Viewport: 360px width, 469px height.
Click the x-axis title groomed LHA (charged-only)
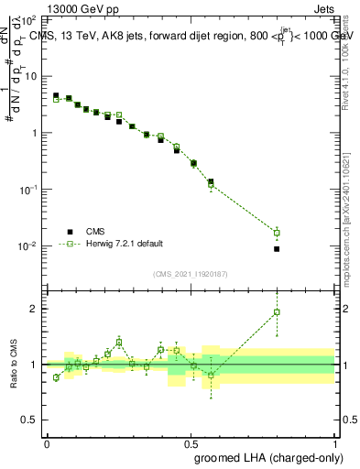[276, 456]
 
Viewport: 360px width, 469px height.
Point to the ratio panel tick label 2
[35, 309]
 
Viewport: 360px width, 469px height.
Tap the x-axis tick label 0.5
[191, 443]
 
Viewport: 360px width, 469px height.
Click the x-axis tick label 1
[334, 443]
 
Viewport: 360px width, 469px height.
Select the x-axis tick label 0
[47, 443]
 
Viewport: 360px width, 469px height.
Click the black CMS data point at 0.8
[277, 249]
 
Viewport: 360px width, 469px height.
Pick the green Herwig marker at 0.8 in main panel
[277, 233]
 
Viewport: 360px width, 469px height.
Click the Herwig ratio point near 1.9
[277, 312]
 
